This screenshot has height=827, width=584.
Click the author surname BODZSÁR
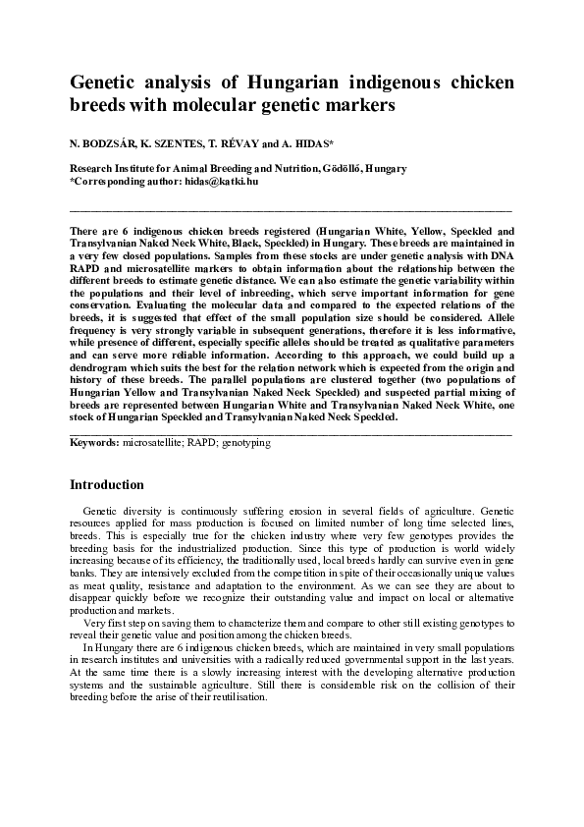[x=108, y=143]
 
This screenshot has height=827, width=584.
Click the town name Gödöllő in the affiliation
[x=341, y=169]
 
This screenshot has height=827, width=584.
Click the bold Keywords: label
[x=94, y=443]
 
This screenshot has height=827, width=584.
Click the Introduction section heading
[x=107, y=485]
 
